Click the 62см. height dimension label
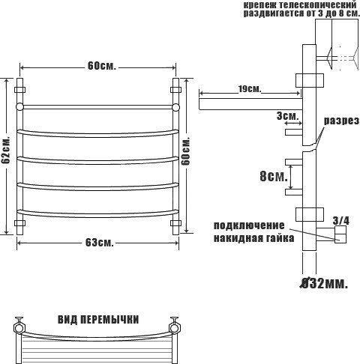tap(5, 150)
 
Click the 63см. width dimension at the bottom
tap(100, 243)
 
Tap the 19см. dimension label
tap(249, 89)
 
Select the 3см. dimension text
tap(287, 116)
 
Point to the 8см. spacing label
tap(274, 176)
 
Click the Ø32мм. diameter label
tap(324, 283)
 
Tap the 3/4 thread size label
tap(340, 221)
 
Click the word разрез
tap(342, 121)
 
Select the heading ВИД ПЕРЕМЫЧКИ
tap(98, 320)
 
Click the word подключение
tap(249, 225)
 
